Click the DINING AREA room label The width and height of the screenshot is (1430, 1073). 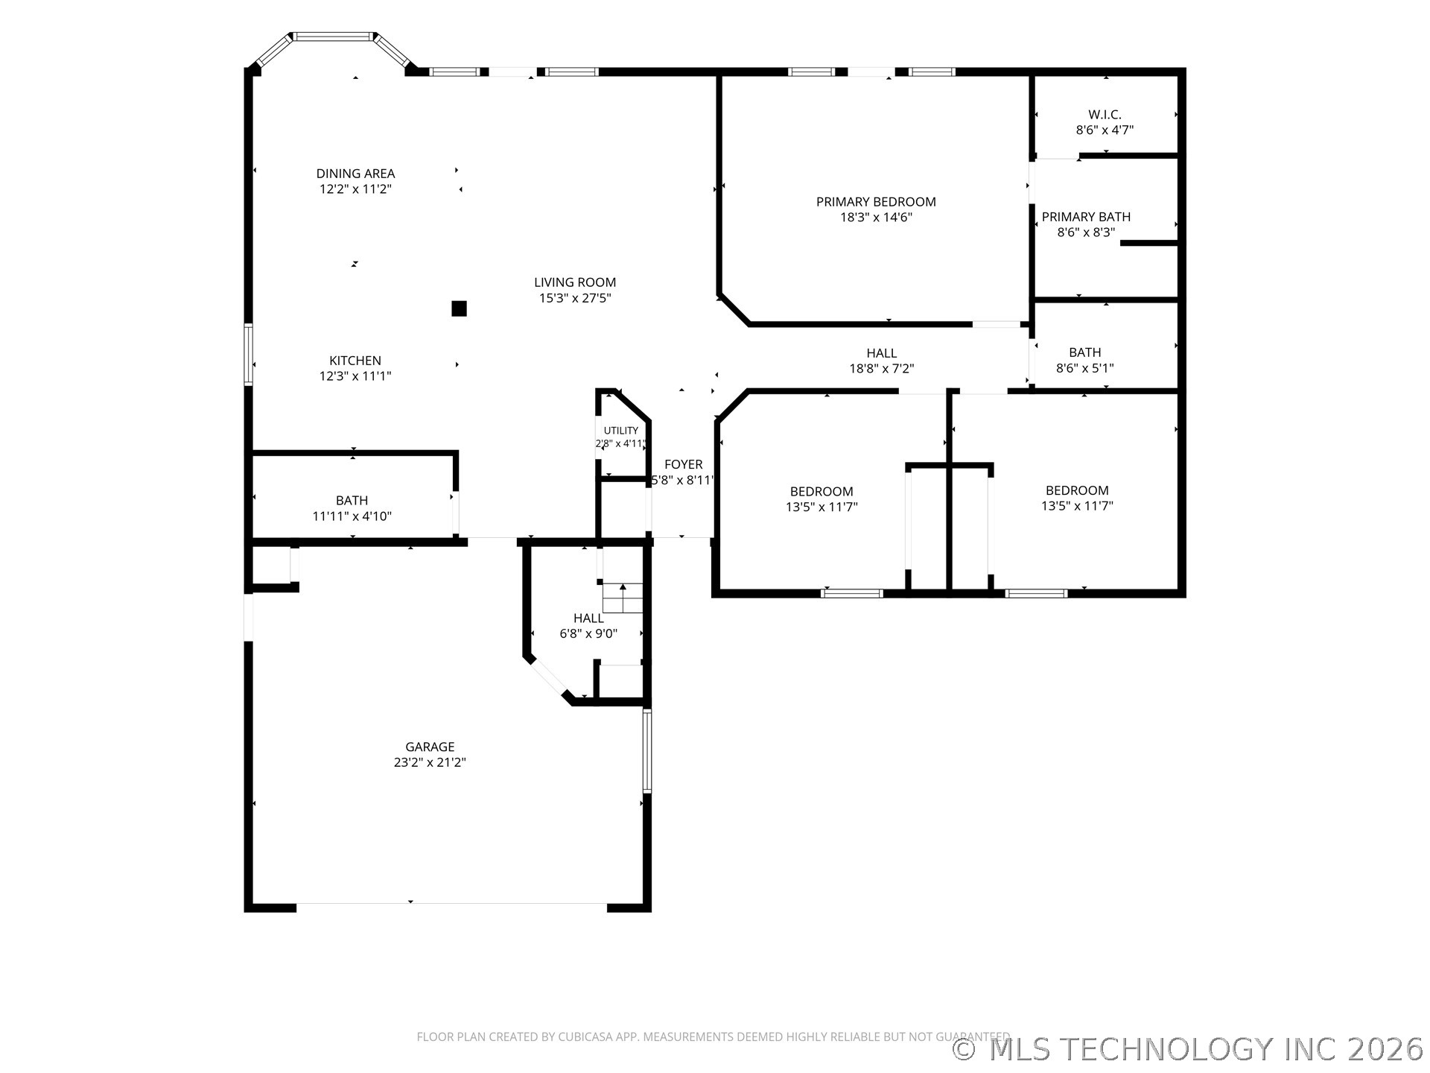355,174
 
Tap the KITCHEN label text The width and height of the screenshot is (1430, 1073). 355,361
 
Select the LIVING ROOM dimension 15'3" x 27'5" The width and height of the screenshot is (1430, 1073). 575,298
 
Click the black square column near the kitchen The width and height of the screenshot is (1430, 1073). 460,308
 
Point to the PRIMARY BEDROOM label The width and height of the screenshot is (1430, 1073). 876,202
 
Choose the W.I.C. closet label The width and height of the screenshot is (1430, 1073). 1105,115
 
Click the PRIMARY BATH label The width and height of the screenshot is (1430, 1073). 1086,217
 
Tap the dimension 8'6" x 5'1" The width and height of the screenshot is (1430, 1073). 1085,368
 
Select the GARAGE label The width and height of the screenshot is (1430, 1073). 430,747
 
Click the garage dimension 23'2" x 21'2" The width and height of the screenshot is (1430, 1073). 430,762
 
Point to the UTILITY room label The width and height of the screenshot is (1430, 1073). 621,431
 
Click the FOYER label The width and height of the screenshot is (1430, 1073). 683,465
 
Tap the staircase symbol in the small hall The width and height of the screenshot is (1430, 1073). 623,598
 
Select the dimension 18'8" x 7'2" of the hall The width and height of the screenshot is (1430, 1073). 882,369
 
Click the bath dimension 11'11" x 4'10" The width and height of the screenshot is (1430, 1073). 352,516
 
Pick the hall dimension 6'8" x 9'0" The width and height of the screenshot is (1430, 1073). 588,634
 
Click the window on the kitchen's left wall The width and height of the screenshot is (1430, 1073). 249,355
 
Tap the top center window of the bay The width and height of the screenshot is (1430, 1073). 334,36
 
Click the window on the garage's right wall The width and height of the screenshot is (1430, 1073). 647,751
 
